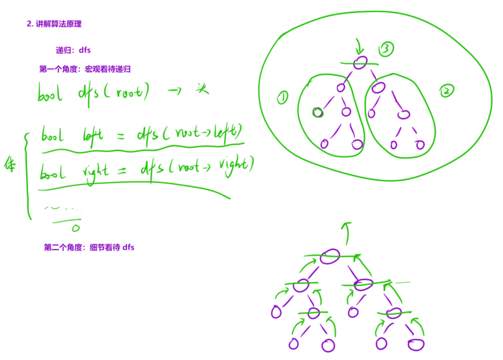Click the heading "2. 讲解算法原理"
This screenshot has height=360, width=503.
[x=54, y=24]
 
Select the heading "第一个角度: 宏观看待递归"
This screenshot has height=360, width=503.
[x=85, y=69]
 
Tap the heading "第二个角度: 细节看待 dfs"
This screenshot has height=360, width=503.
[x=89, y=247]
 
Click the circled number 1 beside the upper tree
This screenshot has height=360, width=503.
[x=282, y=98]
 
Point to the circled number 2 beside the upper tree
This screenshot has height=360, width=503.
[x=446, y=92]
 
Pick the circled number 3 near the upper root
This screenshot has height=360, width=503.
[x=387, y=49]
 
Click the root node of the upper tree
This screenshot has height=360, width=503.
[x=360, y=63]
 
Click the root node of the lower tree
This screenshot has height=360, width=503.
[x=330, y=257]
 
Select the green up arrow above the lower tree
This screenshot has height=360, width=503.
[x=346, y=233]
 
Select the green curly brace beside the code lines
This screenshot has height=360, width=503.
[x=27, y=176]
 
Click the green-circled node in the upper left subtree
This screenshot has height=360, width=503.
[x=318, y=112]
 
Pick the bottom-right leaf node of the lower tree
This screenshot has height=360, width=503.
[x=416, y=345]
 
